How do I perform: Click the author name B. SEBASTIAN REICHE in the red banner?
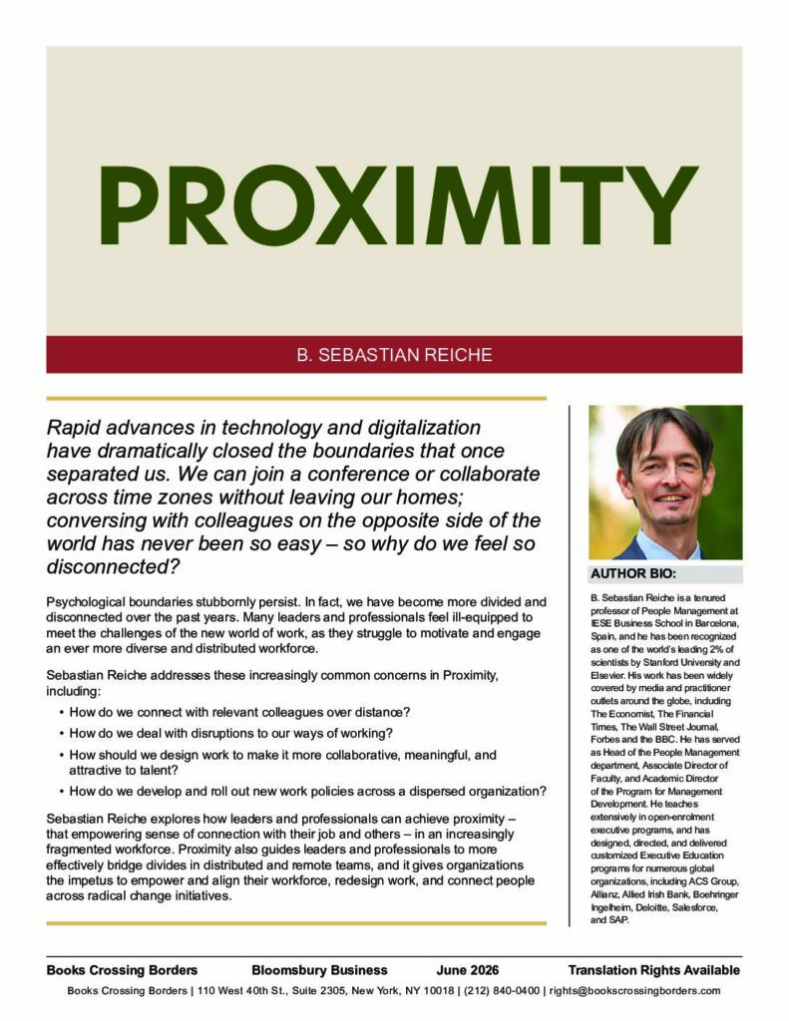point(394,355)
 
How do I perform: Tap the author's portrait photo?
point(665,483)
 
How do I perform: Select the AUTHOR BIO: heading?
point(633,575)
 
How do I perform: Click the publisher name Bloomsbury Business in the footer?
point(319,970)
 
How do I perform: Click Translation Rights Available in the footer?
point(653,970)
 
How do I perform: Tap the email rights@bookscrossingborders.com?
point(634,991)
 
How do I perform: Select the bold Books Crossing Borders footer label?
point(122,970)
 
